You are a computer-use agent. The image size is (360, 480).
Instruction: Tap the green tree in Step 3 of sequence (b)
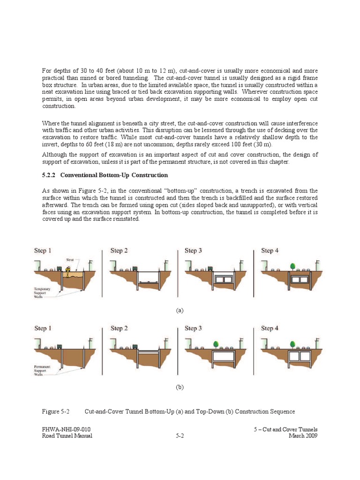click(x=216, y=344)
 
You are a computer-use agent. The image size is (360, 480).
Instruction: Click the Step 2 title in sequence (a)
click(x=119, y=251)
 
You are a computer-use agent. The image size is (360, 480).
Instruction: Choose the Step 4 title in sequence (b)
click(x=270, y=328)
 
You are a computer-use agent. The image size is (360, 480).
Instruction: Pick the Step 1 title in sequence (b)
click(x=43, y=328)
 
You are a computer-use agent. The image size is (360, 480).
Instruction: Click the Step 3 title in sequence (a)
click(x=194, y=251)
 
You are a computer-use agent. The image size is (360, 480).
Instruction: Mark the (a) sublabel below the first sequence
click(x=180, y=310)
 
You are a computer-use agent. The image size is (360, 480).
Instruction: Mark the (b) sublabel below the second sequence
click(x=180, y=388)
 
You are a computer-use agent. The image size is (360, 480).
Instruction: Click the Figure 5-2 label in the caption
click(x=56, y=412)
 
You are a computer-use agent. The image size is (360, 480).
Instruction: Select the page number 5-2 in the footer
click(x=180, y=435)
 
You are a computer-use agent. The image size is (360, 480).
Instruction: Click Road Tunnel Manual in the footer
click(x=67, y=435)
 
